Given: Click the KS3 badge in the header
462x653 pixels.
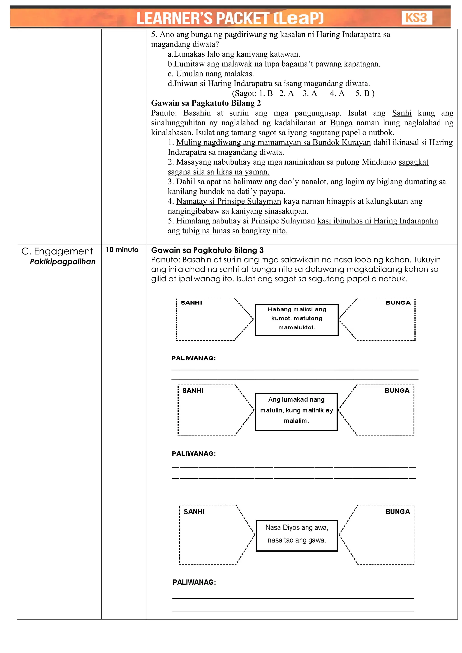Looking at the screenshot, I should tap(416, 18).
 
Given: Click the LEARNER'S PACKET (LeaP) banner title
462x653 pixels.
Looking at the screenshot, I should tap(230, 18).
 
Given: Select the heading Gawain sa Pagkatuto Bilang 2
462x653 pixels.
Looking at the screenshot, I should tap(206, 103).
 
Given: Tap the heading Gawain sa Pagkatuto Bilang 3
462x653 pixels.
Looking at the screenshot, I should tap(207, 250).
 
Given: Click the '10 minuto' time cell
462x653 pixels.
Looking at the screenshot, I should tap(122, 250).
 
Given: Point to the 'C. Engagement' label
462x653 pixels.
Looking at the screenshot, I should tap(57, 251).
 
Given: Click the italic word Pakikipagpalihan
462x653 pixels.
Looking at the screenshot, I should tap(62, 262).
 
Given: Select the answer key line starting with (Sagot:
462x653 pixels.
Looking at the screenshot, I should tap(303, 93).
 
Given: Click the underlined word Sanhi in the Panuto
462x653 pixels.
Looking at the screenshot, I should tap(401, 113).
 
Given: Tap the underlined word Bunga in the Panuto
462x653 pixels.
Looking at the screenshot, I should tap(341, 123).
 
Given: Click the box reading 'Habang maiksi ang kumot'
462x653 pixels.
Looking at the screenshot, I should tap(296, 319).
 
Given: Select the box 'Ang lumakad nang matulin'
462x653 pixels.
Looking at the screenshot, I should tap(296, 411).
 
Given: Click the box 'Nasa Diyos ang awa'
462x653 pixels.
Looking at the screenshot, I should tap(297, 535).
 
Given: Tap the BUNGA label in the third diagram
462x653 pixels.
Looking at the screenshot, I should tap(397, 512).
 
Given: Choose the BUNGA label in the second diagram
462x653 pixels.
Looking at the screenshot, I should tap(397, 391).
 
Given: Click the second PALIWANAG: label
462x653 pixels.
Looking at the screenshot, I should tap(194, 454).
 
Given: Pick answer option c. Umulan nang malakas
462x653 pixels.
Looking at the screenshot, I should tap(210, 74).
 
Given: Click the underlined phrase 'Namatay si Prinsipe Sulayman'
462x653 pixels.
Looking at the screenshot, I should tap(229, 201).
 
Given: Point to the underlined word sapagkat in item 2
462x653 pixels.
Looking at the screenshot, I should tap(413, 162).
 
